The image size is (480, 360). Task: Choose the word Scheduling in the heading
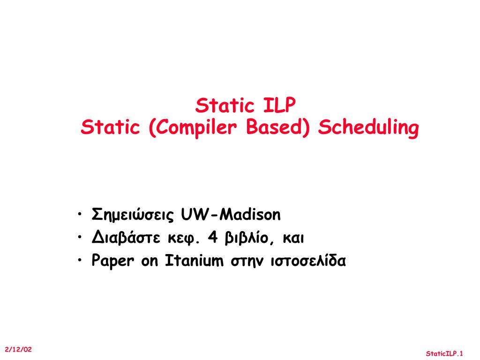click(x=368, y=128)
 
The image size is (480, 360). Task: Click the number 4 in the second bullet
click(x=213, y=238)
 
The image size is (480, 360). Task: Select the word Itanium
click(x=194, y=261)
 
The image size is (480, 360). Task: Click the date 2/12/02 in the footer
click(x=18, y=349)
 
